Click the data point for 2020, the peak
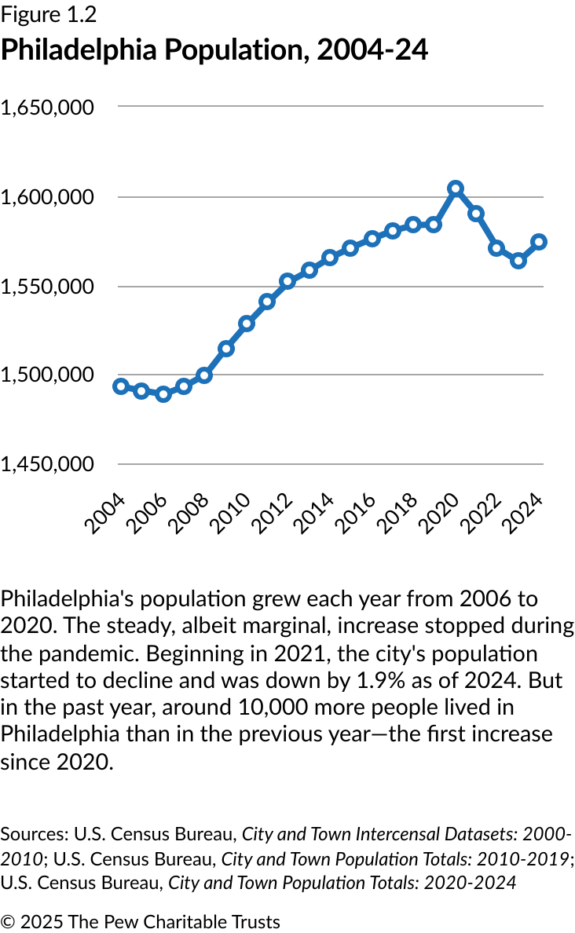pos(456,188)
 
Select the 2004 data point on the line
pos(121,386)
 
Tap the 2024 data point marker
pos(539,242)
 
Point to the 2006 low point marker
pos(163,394)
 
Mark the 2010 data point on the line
pos(247,324)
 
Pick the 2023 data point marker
pos(518,261)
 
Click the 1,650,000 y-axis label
pos(48,107)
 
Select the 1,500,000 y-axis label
pos(48,375)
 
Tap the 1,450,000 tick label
pos(48,464)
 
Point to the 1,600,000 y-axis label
pos(48,196)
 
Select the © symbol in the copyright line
pos(8,921)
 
